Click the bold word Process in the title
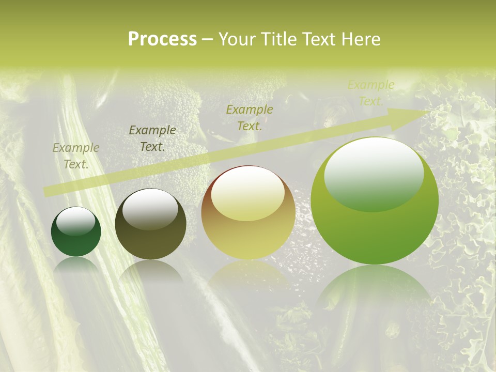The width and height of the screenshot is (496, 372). click(x=162, y=39)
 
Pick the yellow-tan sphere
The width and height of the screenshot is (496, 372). click(x=248, y=213)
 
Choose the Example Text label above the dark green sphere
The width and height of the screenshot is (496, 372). click(x=76, y=156)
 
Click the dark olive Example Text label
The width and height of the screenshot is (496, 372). click(x=152, y=138)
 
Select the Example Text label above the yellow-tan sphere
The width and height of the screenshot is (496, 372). click(x=250, y=117)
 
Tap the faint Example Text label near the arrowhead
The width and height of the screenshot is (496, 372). click(x=370, y=93)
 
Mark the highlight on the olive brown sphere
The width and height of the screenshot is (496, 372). click(x=150, y=208)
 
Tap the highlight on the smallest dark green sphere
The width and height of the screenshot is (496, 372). click(x=76, y=221)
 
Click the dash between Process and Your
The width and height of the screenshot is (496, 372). click(x=207, y=39)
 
